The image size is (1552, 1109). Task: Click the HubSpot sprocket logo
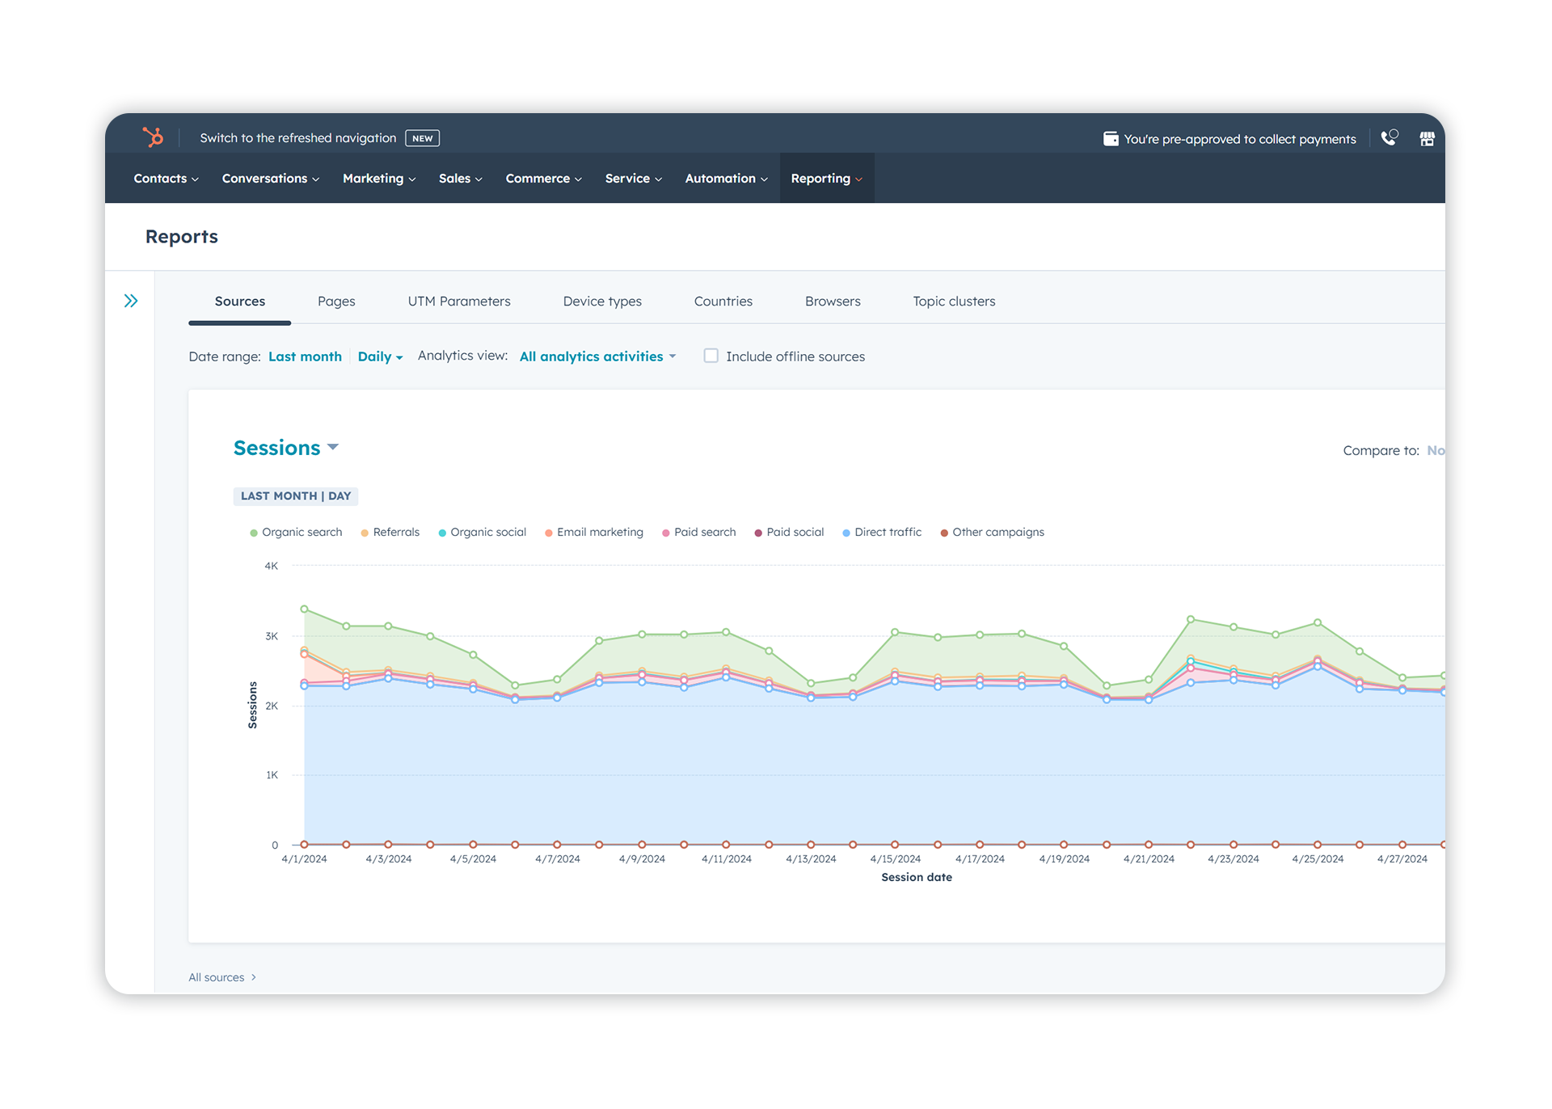pyautogui.click(x=153, y=137)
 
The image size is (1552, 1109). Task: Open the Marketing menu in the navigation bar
pyautogui.click(x=378, y=179)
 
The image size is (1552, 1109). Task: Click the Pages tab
pyautogui.click(x=336, y=301)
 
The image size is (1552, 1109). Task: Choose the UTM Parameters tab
pyautogui.click(x=459, y=301)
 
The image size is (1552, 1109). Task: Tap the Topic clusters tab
pyautogui.click(x=954, y=301)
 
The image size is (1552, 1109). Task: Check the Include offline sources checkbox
pyautogui.click(x=711, y=356)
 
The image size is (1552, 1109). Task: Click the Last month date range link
pyautogui.click(x=305, y=356)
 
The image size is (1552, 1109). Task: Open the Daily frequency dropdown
pyautogui.click(x=380, y=356)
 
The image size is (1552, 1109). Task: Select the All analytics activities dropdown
pyautogui.click(x=597, y=356)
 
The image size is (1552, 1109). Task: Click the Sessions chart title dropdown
pyautogui.click(x=285, y=448)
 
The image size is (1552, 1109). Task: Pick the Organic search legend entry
pyautogui.click(x=296, y=533)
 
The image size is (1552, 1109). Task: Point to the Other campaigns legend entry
pyautogui.click(x=993, y=533)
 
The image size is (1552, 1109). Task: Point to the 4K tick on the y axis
pyautogui.click(x=272, y=566)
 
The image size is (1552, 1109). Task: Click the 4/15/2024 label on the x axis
pyautogui.click(x=895, y=859)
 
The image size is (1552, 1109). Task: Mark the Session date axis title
pyautogui.click(x=917, y=878)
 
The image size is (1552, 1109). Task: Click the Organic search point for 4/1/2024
pyautogui.click(x=304, y=609)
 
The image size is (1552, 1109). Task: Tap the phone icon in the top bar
pyautogui.click(x=1389, y=138)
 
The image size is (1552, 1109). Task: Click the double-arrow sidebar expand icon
pyautogui.click(x=131, y=301)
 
